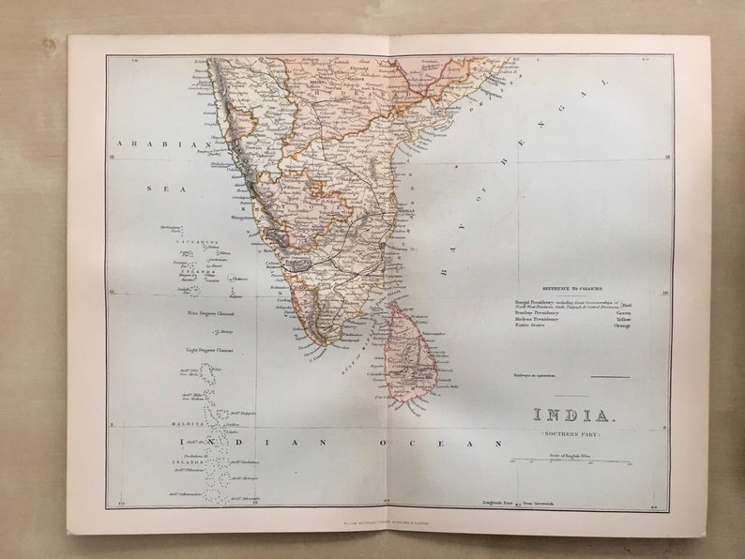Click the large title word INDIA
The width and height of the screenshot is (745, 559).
(x=575, y=415)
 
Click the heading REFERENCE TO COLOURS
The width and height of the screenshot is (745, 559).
(x=572, y=289)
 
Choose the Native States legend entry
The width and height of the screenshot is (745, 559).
(x=531, y=325)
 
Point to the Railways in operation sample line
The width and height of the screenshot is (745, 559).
(x=610, y=376)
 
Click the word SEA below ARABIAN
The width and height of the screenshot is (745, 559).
(x=153, y=189)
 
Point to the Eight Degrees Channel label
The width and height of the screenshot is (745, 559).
(x=210, y=350)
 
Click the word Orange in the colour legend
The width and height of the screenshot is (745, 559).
(x=623, y=325)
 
